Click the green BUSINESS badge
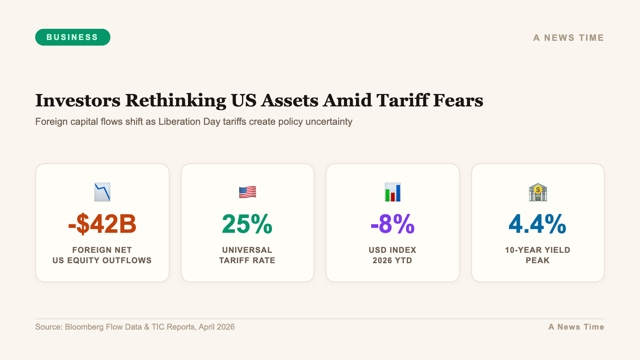tap(72, 37)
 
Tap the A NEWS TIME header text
tap(568, 38)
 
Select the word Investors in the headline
tap(78, 100)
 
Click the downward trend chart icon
tap(102, 192)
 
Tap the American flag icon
tap(247, 192)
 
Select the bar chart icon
tap(392, 192)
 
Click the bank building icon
tap(538, 192)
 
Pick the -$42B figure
tap(102, 224)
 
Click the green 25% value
tap(247, 224)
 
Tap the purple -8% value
tap(392, 224)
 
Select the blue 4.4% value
tap(538, 224)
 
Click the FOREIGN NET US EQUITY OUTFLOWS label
tap(102, 255)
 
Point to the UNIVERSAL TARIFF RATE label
tap(247, 255)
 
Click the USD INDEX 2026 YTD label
tap(392, 255)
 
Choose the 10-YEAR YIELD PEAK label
tap(538, 255)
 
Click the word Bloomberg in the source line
tap(84, 327)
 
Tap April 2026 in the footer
tap(216, 327)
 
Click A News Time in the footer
tap(576, 327)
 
